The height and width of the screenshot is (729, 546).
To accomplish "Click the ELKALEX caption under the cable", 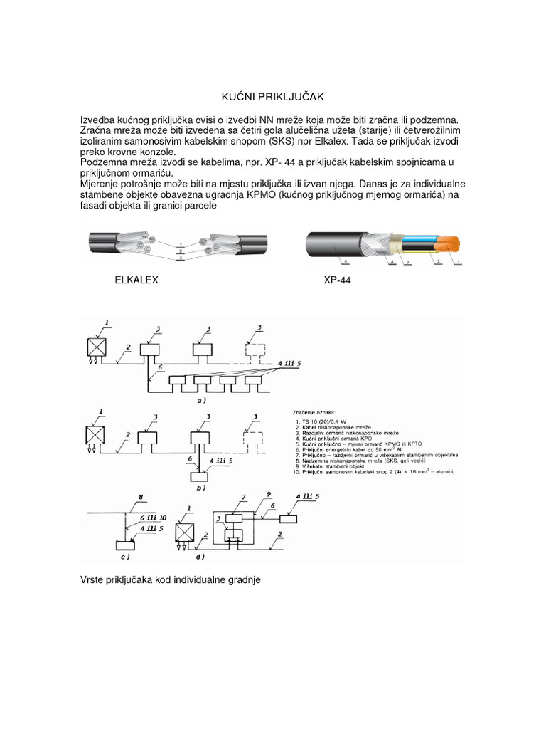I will pos(136,280).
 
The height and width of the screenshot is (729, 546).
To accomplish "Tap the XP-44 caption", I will pos(337,280).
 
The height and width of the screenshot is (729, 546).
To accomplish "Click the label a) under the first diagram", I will pos(201,401).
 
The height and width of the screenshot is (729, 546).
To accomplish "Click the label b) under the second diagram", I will pos(202,488).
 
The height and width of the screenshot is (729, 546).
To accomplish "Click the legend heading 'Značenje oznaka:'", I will pos(316,412).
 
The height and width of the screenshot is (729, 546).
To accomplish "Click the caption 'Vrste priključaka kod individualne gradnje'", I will pos(171,580).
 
